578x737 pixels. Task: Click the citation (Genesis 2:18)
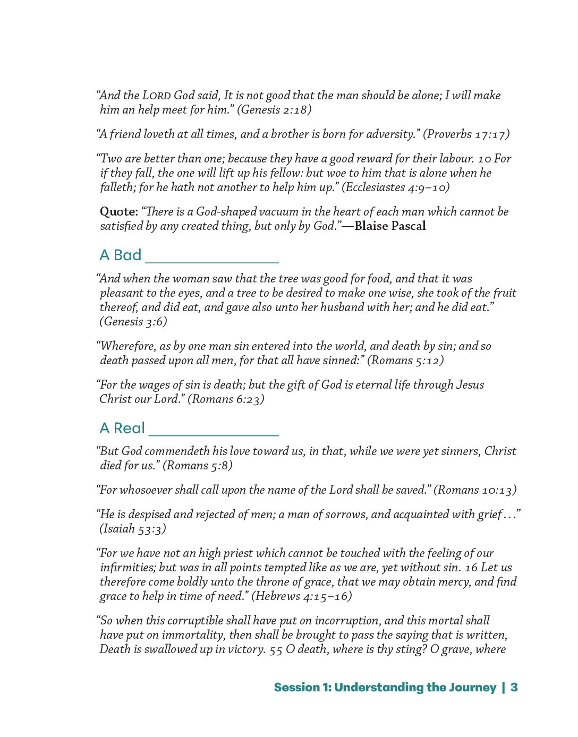tap(274, 110)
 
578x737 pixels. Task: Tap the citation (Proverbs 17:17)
tap(466, 134)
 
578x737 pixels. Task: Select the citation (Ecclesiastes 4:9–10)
tap(396, 187)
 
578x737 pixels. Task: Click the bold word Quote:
tap(118, 212)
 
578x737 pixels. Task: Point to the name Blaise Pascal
tap(390, 226)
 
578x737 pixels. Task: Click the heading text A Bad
tap(121, 255)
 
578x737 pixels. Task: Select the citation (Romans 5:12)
tap(405, 361)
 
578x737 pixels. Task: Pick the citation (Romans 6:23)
tap(226, 399)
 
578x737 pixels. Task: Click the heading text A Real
tap(122, 429)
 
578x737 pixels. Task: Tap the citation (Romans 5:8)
tap(197, 466)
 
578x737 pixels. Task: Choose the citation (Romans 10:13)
tap(475, 490)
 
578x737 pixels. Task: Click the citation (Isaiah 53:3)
tap(133, 529)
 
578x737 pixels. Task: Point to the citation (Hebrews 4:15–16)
tap(301, 596)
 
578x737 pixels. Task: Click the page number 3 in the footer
tap(514, 688)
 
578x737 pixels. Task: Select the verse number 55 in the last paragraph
tap(275, 650)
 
